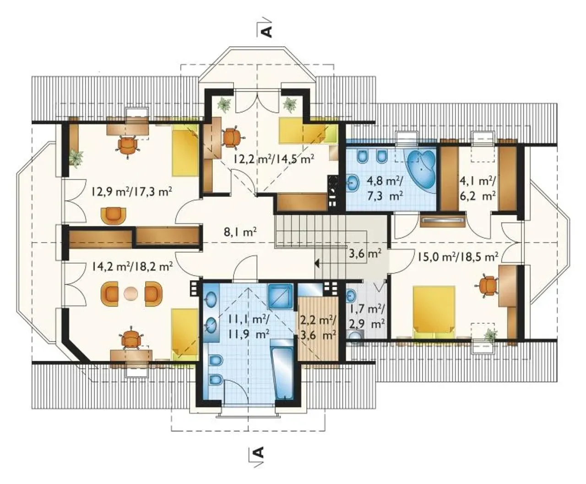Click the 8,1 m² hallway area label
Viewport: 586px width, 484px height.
click(241, 233)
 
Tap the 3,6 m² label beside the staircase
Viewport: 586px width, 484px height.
click(365, 253)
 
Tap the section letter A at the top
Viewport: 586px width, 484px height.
click(267, 32)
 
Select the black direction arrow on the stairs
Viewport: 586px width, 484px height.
click(318, 264)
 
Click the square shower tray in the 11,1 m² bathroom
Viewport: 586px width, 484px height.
click(280, 296)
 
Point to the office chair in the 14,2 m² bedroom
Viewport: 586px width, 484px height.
click(131, 338)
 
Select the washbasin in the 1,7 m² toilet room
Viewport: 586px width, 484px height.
click(352, 295)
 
